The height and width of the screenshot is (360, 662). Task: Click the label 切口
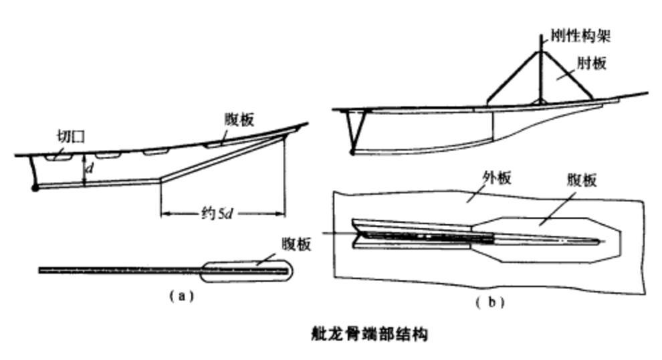(x=72, y=137)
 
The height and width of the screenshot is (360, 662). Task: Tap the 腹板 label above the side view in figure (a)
(x=239, y=120)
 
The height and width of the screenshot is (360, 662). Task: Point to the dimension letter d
(x=90, y=168)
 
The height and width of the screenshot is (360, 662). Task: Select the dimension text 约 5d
(x=217, y=213)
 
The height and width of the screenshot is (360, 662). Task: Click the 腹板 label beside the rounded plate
(x=297, y=244)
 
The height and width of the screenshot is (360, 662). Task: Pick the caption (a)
(x=181, y=296)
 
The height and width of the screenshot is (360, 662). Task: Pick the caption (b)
(x=490, y=302)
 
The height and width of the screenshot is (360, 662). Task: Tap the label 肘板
(x=592, y=63)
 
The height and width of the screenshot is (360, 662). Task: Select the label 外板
(x=496, y=178)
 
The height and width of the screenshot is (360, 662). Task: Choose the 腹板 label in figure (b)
(x=582, y=181)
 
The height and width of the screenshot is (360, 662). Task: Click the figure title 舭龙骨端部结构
(x=369, y=334)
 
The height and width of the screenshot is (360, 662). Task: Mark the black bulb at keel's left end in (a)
(x=35, y=187)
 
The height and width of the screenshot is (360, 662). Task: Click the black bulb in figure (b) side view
(x=352, y=152)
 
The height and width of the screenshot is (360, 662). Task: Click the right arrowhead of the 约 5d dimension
(x=280, y=214)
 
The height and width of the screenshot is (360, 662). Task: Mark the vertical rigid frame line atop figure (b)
(x=540, y=68)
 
